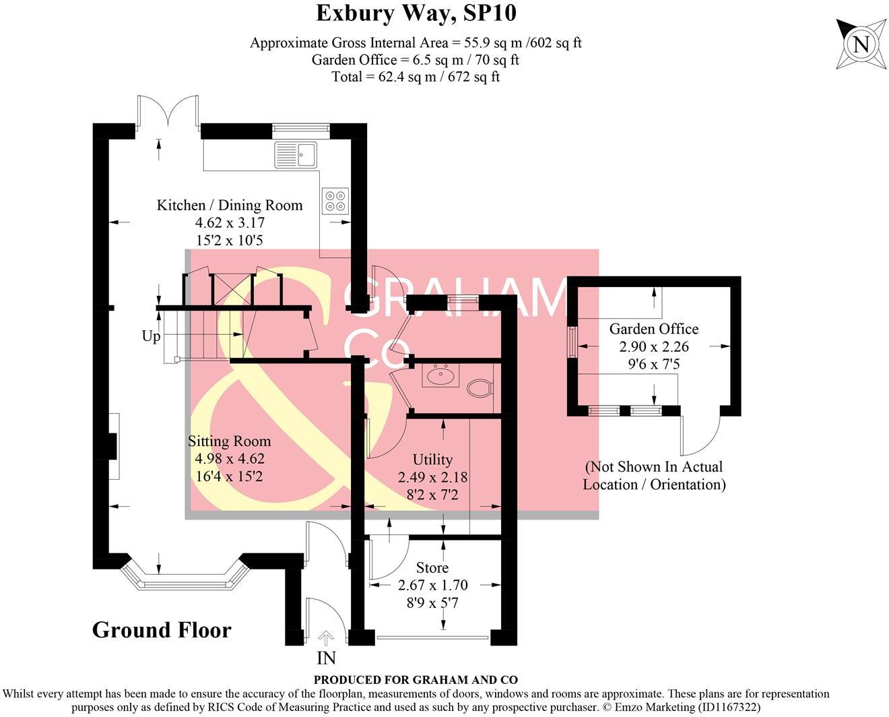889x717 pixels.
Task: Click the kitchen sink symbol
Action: coord(296,155)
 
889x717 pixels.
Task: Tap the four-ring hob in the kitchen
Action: coord(335,201)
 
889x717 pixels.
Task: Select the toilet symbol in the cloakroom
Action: coord(480,388)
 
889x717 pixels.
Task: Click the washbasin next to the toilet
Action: coord(440,375)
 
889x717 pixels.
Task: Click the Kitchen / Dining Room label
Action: coord(229,205)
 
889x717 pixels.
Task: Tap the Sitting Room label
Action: coord(229,441)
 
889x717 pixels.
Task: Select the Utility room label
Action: coord(432,460)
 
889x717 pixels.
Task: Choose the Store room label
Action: coord(432,567)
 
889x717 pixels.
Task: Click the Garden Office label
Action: coord(653,329)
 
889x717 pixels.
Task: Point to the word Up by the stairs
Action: coord(151,336)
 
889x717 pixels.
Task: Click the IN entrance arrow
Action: coord(326,637)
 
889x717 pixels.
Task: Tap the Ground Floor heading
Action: coord(162,630)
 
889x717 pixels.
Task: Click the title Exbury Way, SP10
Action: coord(416,13)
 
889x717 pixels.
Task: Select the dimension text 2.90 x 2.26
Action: coord(653,346)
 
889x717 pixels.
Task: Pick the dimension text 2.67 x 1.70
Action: coord(432,585)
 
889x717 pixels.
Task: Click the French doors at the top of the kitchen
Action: coord(168,111)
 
